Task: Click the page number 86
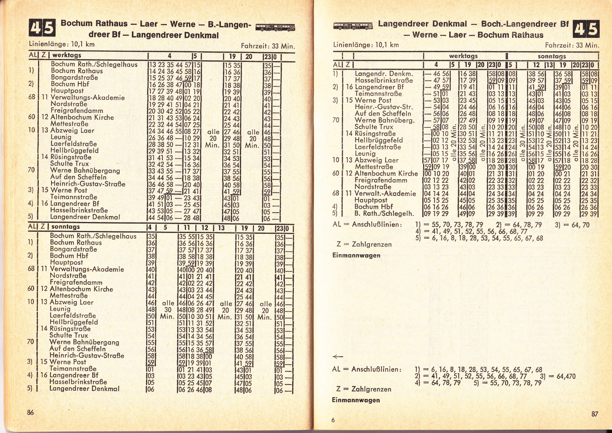click(31, 412)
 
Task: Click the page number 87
click(595, 414)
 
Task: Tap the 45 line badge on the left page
click(42, 28)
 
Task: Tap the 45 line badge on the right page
click(586, 29)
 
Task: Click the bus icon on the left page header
click(275, 27)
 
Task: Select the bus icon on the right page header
click(353, 26)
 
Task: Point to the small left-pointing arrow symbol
click(337, 356)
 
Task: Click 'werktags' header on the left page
click(67, 55)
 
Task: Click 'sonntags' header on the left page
click(66, 226)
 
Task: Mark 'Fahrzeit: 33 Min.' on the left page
click(268, 46)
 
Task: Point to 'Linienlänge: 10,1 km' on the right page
click(366, 45)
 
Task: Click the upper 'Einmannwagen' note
click(356, 255)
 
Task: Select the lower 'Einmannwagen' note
click(356, 400)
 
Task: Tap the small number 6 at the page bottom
click(333, 420)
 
